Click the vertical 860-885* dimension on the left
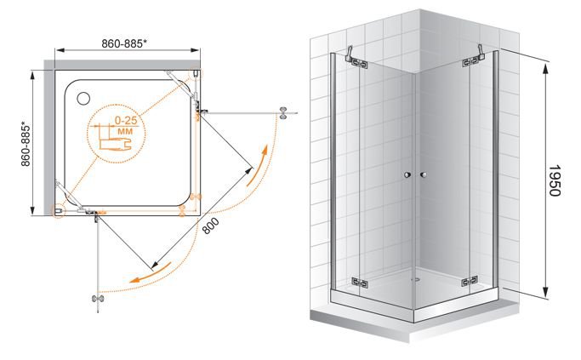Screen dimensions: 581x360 (26, 144)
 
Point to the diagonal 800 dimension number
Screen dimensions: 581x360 (210, 226)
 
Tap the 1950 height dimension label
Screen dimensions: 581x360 (555, 180)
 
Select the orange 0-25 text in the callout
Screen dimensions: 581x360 (126, 121)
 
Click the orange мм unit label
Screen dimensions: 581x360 (125, 132)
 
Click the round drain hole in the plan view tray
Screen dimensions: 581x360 (83, 98)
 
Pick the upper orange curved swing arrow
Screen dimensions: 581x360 (256, 165)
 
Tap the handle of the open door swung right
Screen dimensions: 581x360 (283, 112)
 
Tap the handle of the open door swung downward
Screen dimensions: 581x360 (98, 299)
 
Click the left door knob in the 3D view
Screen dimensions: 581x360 (407, 174)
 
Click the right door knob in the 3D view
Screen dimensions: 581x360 (424, 174)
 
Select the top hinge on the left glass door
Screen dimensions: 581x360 (360, 63)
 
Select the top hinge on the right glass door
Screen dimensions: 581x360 (470, 62)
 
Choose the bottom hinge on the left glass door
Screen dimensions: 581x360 (360, 283)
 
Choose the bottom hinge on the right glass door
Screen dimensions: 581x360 (470, 282)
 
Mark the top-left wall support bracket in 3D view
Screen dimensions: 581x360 (349, 53)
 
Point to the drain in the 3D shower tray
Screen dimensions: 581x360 (417, 279)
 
